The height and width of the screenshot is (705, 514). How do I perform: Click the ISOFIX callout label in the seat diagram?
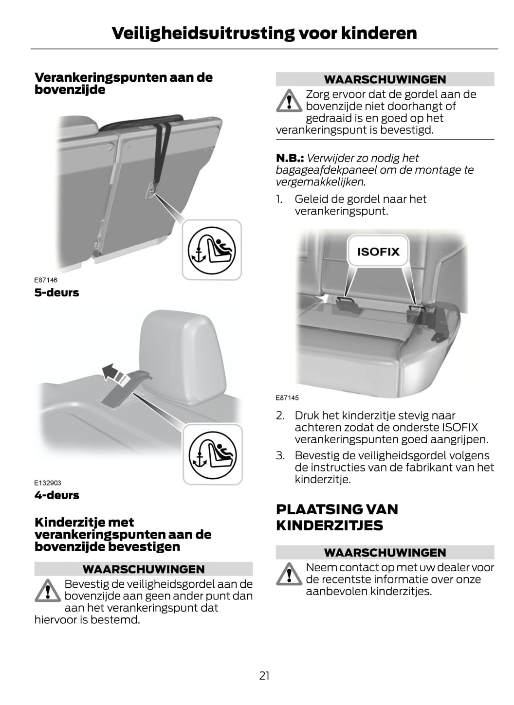[x=378, y=252]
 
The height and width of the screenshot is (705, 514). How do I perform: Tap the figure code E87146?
[x=46, y=280]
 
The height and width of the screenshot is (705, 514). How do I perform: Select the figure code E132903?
[x=48, y=483]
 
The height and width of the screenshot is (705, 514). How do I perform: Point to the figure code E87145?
[x=287, y=398]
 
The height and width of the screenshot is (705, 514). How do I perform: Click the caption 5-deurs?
[x=56, y=292]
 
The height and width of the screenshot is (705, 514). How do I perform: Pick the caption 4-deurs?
[x=56, y=495]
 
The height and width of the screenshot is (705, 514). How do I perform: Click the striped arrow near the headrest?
[x=115, y=374]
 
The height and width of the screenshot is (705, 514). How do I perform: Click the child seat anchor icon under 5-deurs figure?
[x=212, y=250]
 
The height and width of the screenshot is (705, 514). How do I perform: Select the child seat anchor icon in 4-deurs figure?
[x=213, y=455]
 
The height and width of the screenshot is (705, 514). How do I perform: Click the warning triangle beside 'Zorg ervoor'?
[x=289, y=101]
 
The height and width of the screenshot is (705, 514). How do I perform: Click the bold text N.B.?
[x=290, y=158]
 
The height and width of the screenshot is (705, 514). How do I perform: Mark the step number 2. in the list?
[x=280, y=416]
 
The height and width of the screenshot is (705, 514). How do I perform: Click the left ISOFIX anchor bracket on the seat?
[x=345, y=303]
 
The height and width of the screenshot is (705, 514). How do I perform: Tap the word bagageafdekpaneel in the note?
[x=326, y=170]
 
